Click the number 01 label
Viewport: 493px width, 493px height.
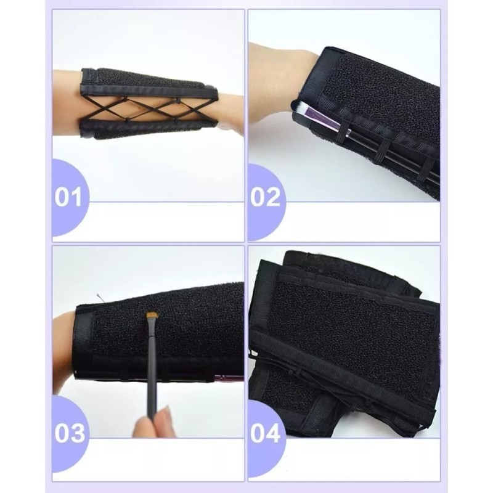[x=68, y=198]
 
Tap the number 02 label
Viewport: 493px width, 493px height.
[x=265, y=198]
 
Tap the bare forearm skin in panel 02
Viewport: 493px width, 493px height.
[x=277, y=80]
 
